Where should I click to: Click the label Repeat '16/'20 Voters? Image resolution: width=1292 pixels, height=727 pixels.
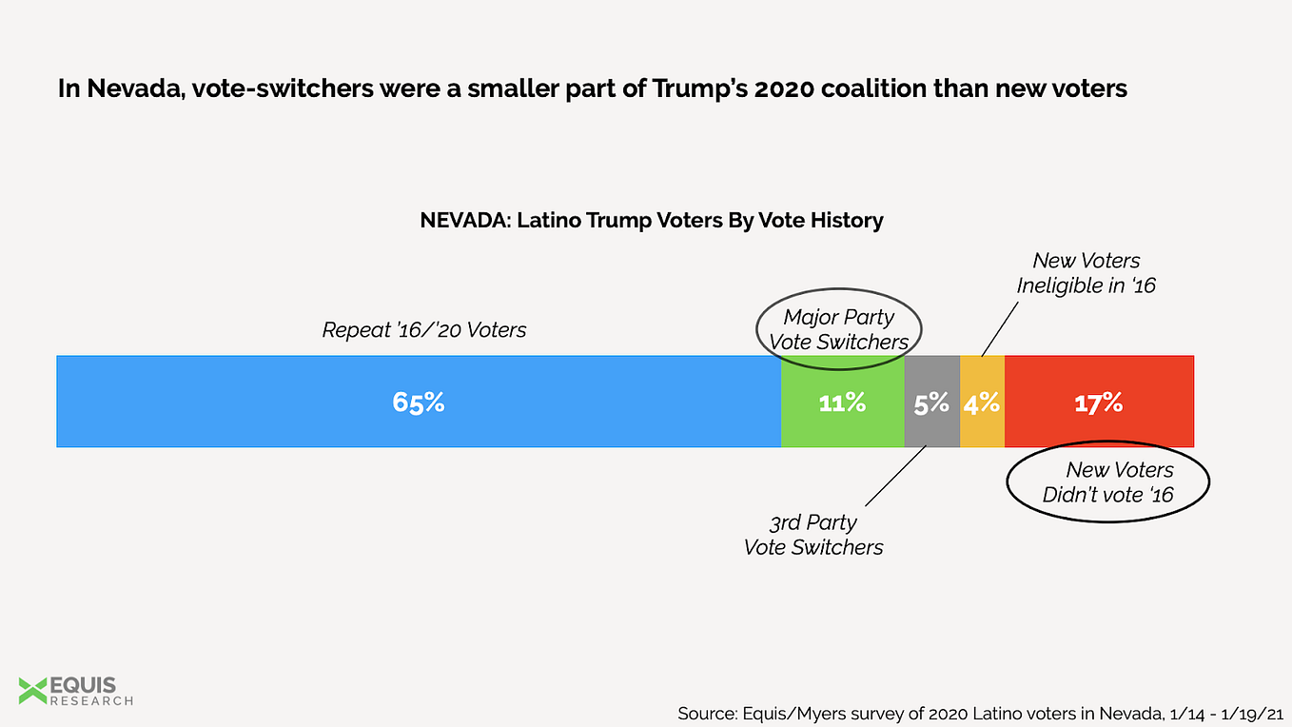coord(423,330)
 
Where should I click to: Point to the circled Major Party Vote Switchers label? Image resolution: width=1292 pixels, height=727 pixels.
coord(839,328)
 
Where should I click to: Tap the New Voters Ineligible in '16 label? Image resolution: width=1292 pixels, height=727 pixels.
coord(1086,272)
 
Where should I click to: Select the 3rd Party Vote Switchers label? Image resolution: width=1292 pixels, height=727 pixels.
coord(813,535)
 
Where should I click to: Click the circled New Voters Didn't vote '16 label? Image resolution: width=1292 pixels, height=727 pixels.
coord(1108,482)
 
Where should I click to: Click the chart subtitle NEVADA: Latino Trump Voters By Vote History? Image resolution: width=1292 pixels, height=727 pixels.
coord(652,221)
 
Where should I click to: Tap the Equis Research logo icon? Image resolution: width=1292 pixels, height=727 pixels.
coord(32,690)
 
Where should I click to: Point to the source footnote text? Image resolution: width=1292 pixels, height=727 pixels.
coord(979,713)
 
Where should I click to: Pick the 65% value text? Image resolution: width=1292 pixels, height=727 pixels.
coord(419,403)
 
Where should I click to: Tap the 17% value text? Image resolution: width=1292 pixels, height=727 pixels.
coord(1099,403)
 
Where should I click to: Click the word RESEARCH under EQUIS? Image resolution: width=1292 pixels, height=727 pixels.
coord(91,701)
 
